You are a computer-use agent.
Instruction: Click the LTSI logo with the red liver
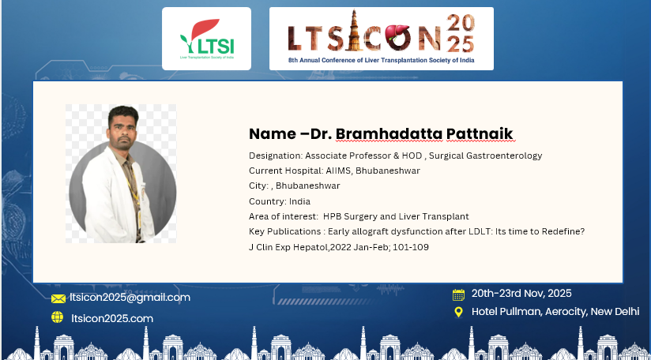click(x=206, y=39)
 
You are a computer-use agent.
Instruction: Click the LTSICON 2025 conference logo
click(x=381, y=39)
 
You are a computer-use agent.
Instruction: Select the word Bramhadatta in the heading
click(x=389, y=134)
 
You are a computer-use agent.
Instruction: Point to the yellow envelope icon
click(x=58, y=298)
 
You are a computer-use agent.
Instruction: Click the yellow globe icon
click(x=58, y=317)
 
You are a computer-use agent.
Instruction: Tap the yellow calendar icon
click(x=458, y=295)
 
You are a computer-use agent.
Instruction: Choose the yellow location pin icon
click(x=458, y=312)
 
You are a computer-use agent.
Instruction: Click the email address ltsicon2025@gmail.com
click(x=130, y=298)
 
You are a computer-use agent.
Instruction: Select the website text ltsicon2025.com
click(x=112, y=318)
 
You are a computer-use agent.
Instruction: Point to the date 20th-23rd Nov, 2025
click(x=521, y=293)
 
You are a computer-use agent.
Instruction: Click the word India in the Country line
click(x=299, y=201)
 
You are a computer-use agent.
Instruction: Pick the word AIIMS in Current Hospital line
click(x=337, y=171)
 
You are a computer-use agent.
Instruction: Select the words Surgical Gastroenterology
click(x=485, y=156)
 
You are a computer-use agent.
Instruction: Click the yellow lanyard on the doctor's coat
click(x=134, y=191)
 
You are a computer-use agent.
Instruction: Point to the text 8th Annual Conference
click(x=322, y=60)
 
